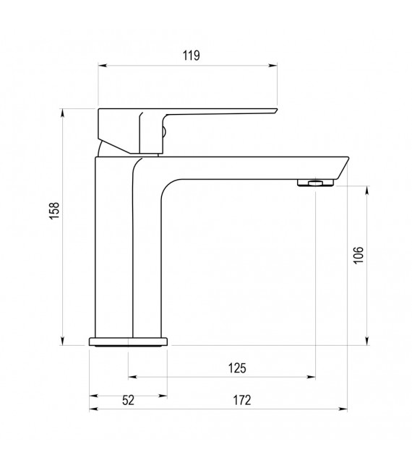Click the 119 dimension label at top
[x=191, y=55]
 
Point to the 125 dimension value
[x=237, y=367]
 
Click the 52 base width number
[x=128, y=401]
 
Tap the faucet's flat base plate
[x=129, y=341]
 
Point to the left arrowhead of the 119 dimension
[x=101, y=66]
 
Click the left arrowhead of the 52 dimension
[x=93, y=396]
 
